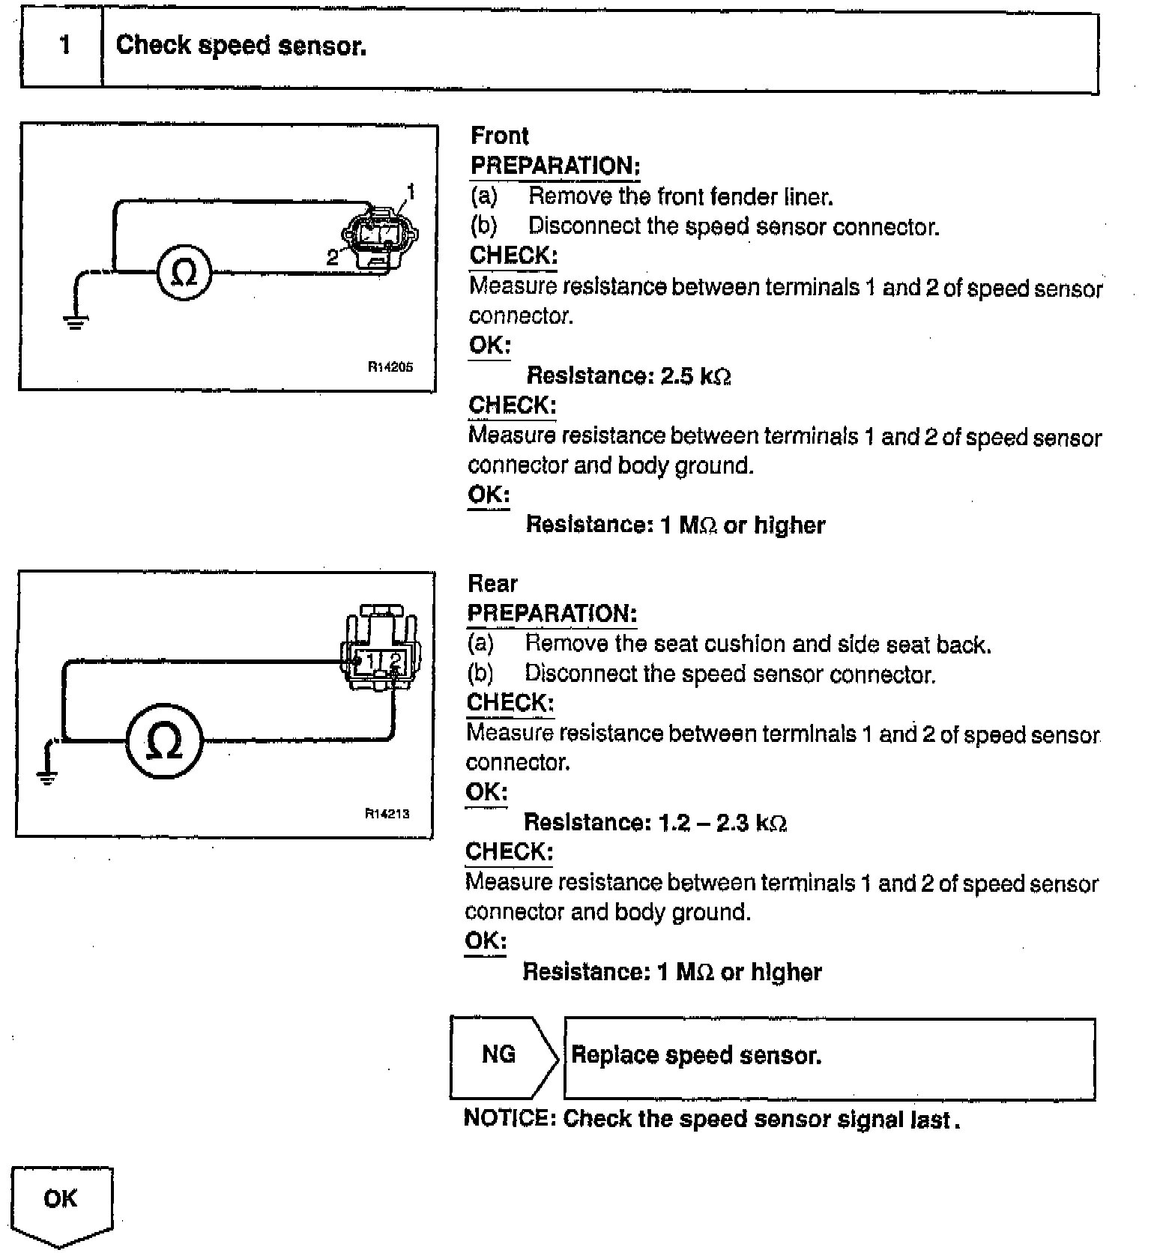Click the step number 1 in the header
(x=65, y=46)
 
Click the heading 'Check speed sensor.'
(x=241, y=46)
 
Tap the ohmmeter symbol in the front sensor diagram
(x=184, y=274)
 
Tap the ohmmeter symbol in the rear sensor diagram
(x=164, y=741)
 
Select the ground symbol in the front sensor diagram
(x=74, y=322)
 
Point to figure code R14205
(x=390, y=367)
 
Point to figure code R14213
(x=387, y=813)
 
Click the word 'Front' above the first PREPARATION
(x=499, y=136)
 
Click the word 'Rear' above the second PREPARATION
(x=492, y=583)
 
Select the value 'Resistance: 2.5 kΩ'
(x=629, y=375)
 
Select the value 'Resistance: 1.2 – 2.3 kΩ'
(x=655, y=823)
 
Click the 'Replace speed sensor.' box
(x=829, y=1057)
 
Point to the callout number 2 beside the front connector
(x=333, y=258)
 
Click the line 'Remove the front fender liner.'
(x=680, y=196)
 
